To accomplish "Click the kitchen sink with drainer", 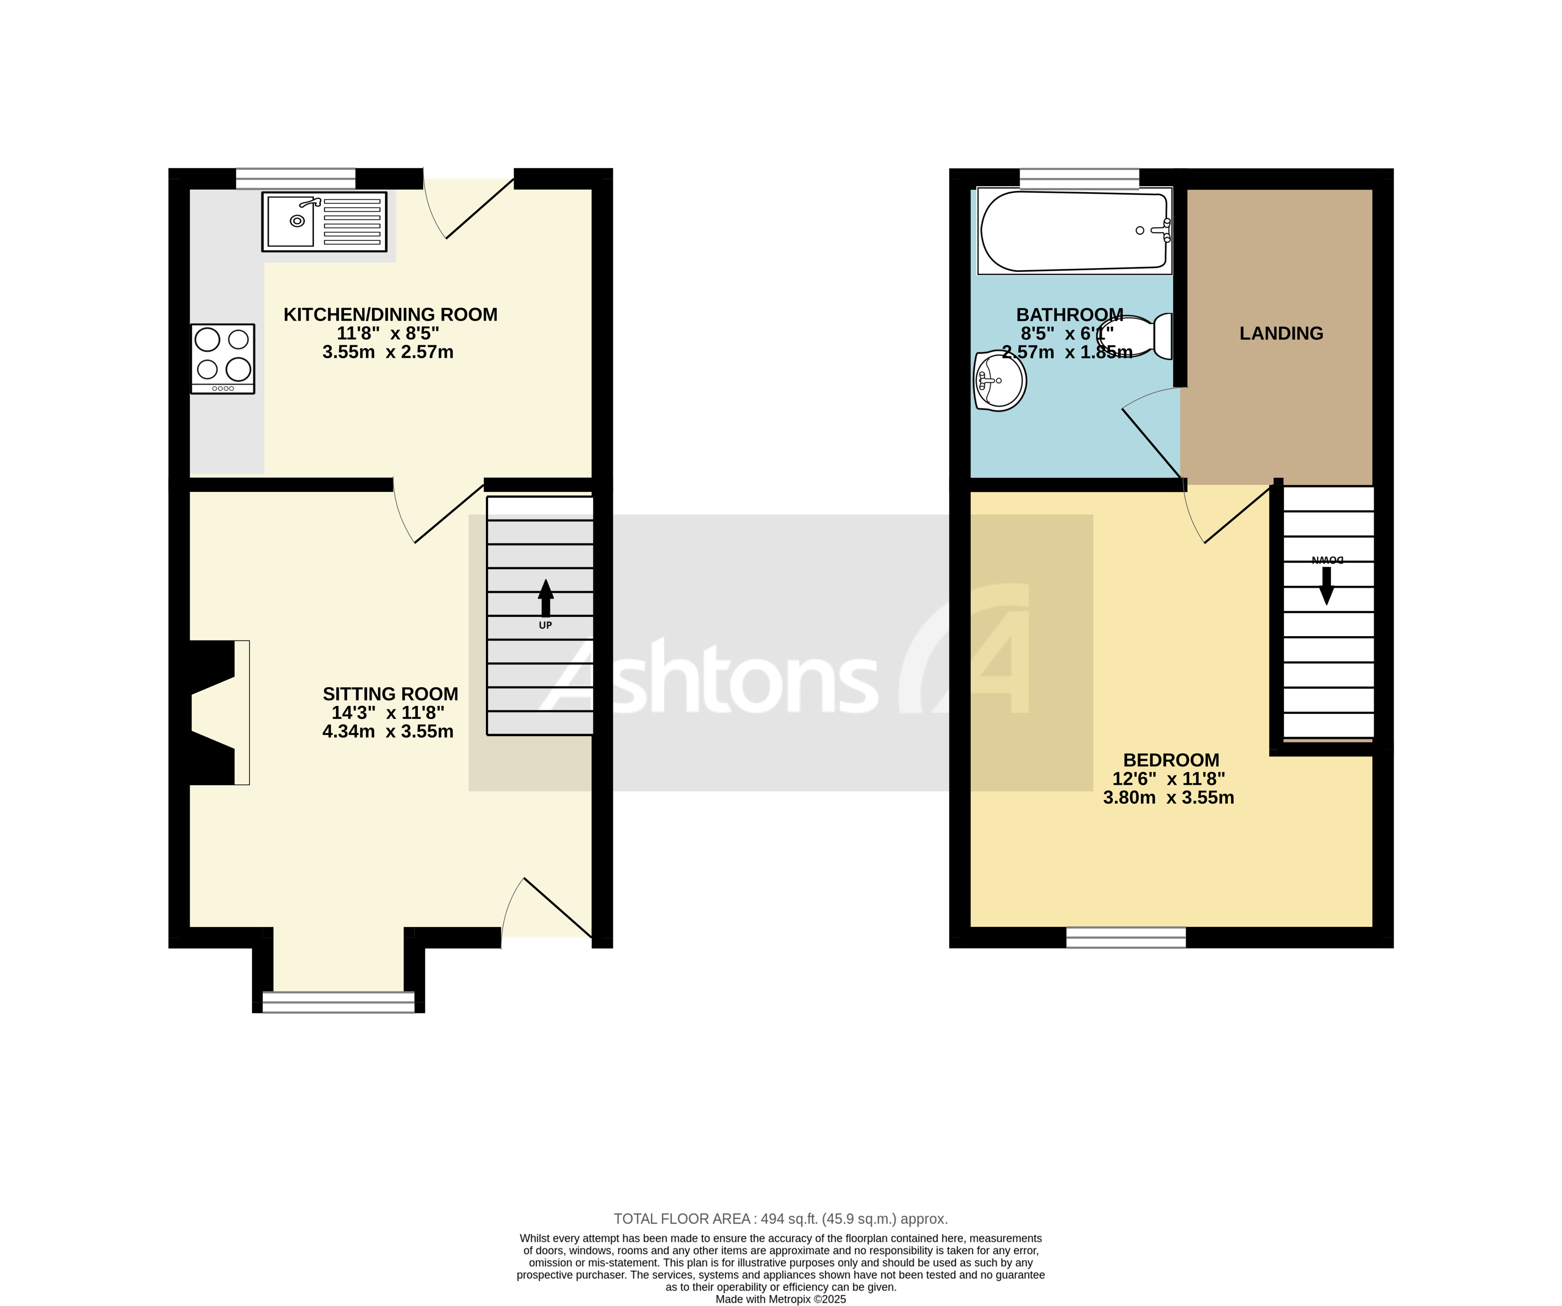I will pos(324,222).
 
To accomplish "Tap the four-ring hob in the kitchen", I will pos(222,358).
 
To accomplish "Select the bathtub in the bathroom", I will pos(1074,231).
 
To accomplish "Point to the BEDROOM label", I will pos(1171,760).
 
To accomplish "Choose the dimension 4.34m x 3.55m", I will pos(387,731).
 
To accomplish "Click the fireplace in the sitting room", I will pos(216,712).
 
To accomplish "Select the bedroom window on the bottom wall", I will pos(1126,937).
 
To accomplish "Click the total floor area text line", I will pos(780,1219).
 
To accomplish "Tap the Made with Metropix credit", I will pos(780,1299).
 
